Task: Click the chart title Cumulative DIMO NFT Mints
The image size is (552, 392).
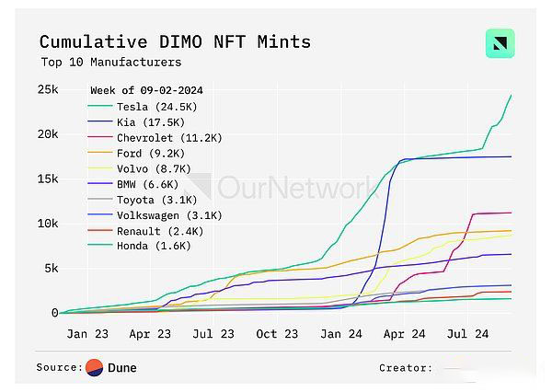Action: [x=175, y=41]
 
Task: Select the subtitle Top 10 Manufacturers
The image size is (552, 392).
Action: [x=110, y=63]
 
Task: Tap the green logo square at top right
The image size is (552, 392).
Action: [x=500, y=44]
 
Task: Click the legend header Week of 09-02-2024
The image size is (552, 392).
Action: [x=146, y=90]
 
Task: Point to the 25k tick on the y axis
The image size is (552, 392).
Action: [x=48, y=89]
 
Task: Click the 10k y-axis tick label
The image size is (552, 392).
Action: [x=48, y=224]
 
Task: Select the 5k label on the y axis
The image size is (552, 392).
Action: [x=52, y=268]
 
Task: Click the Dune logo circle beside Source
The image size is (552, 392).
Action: [x=95, y=367]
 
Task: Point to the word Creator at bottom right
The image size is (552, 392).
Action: [x=405, y=368]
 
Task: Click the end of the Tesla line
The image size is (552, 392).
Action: [x=512, y=95]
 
